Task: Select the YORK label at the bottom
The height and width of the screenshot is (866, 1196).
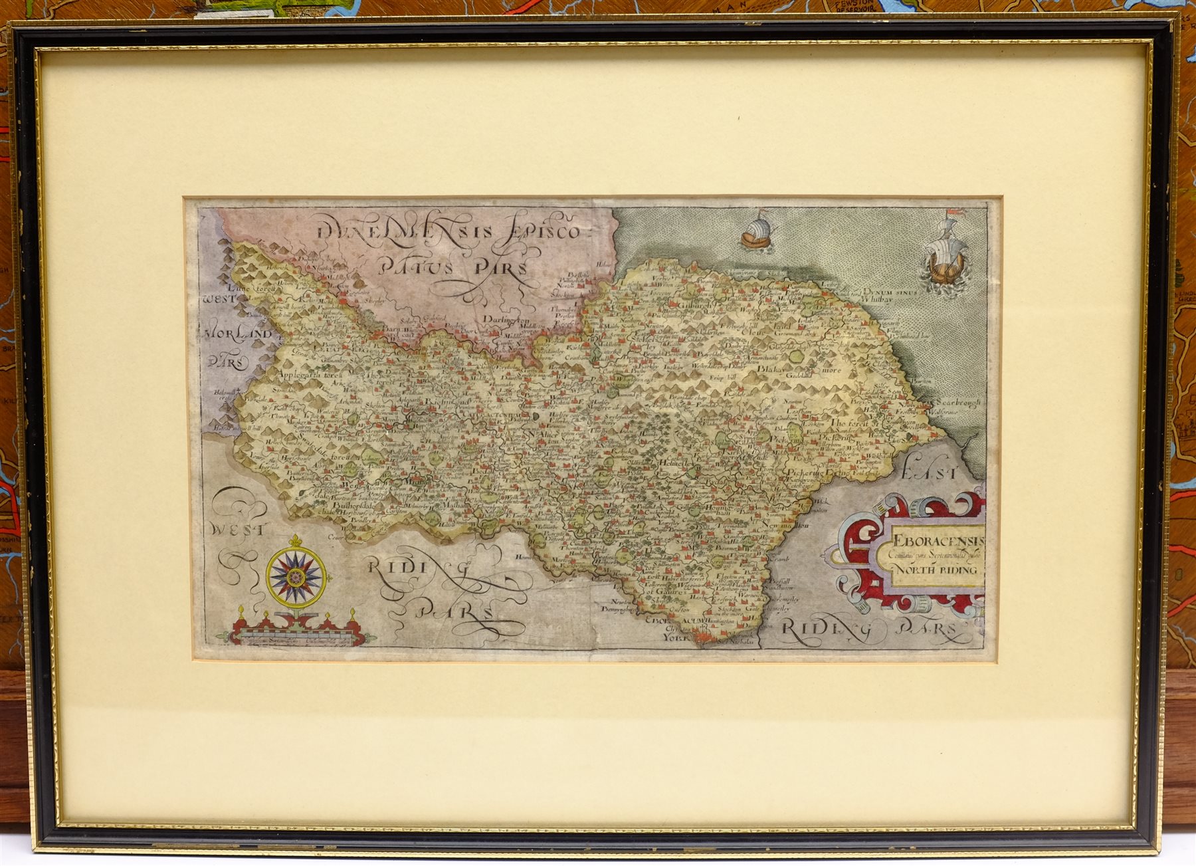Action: click(x=677, y=636)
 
